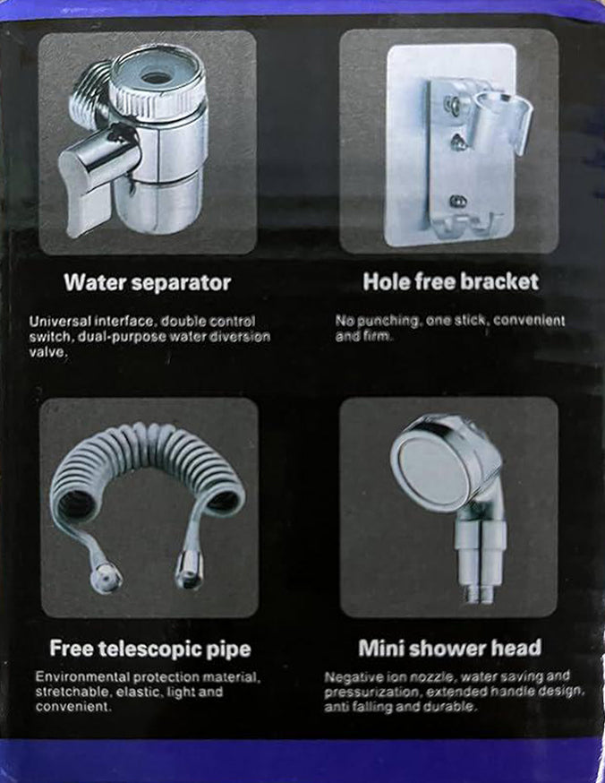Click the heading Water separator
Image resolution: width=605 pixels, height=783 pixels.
(147, 283)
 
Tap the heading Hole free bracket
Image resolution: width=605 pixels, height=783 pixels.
(450, 282)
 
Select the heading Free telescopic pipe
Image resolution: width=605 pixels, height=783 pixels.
(149, 648)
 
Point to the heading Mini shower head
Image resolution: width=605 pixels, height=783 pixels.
(449, 647)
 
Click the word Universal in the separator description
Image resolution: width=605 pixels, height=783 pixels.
(58, 321)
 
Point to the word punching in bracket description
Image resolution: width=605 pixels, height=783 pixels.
(386, 321)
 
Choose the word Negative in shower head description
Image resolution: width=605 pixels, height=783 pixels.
(353, 676)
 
